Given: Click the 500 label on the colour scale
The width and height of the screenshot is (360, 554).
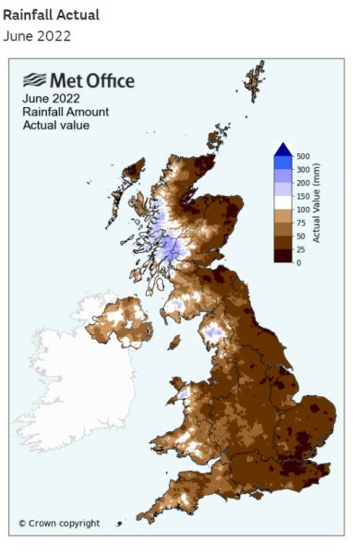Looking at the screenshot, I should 303,157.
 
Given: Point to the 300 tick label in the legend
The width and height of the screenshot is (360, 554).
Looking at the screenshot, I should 303,170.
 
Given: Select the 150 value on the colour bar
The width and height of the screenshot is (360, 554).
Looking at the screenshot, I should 303,197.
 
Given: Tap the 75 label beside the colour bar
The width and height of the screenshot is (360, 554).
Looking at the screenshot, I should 301,223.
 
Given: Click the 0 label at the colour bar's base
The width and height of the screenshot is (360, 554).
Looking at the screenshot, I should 298,262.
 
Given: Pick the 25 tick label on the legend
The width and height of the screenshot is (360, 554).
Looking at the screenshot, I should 301,249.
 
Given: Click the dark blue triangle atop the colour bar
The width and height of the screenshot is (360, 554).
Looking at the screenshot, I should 283,151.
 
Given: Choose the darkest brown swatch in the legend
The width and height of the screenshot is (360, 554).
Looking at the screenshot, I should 283,256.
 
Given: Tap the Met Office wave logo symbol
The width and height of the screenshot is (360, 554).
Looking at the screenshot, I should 36,80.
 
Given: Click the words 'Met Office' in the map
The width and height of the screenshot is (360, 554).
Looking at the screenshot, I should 92,81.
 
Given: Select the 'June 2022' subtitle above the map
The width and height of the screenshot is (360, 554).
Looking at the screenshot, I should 37,36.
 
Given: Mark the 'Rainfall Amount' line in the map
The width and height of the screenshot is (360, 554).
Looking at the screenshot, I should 66,112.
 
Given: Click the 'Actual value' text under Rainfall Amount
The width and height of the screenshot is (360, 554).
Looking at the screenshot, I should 56,125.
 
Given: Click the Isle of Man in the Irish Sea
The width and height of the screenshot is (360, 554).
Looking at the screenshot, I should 174,342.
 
